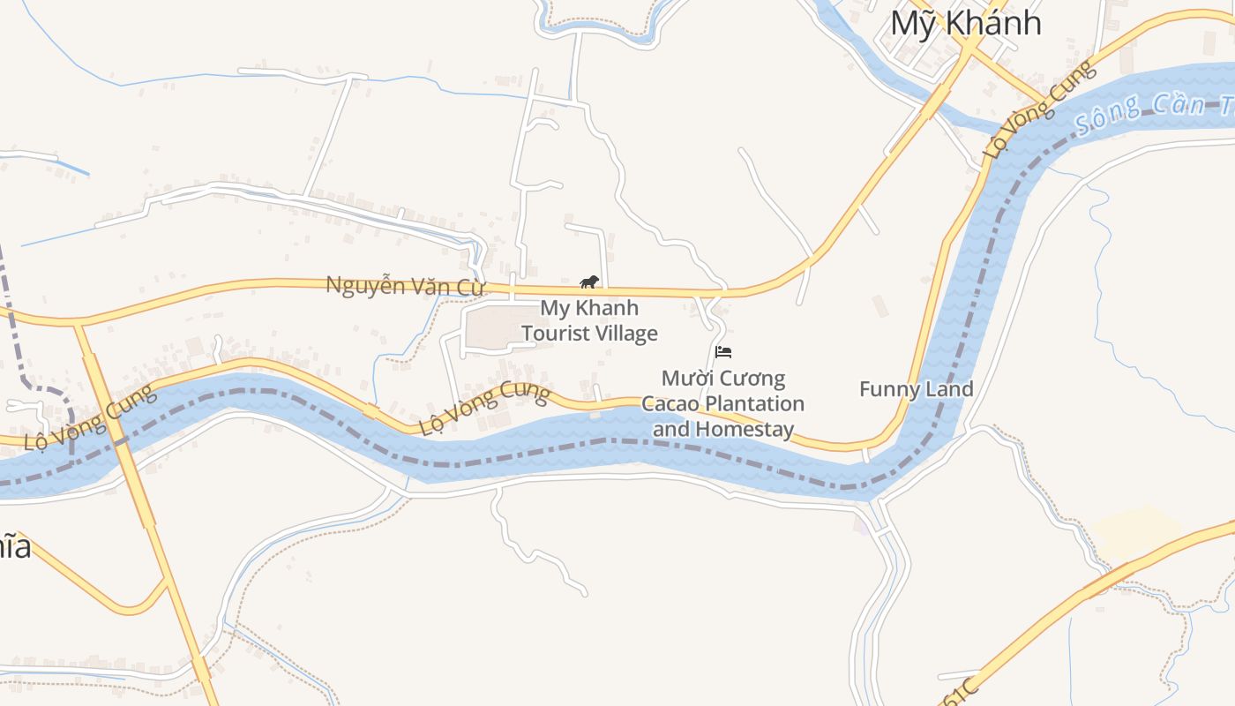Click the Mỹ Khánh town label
[965, 23]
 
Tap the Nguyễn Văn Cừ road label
[406, 286]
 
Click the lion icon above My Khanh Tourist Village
[589, 282]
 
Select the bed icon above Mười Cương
[723, 352]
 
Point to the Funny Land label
[916, 389]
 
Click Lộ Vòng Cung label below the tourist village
[484, 409]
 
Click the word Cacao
[673, 404]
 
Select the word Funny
[887, 389]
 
